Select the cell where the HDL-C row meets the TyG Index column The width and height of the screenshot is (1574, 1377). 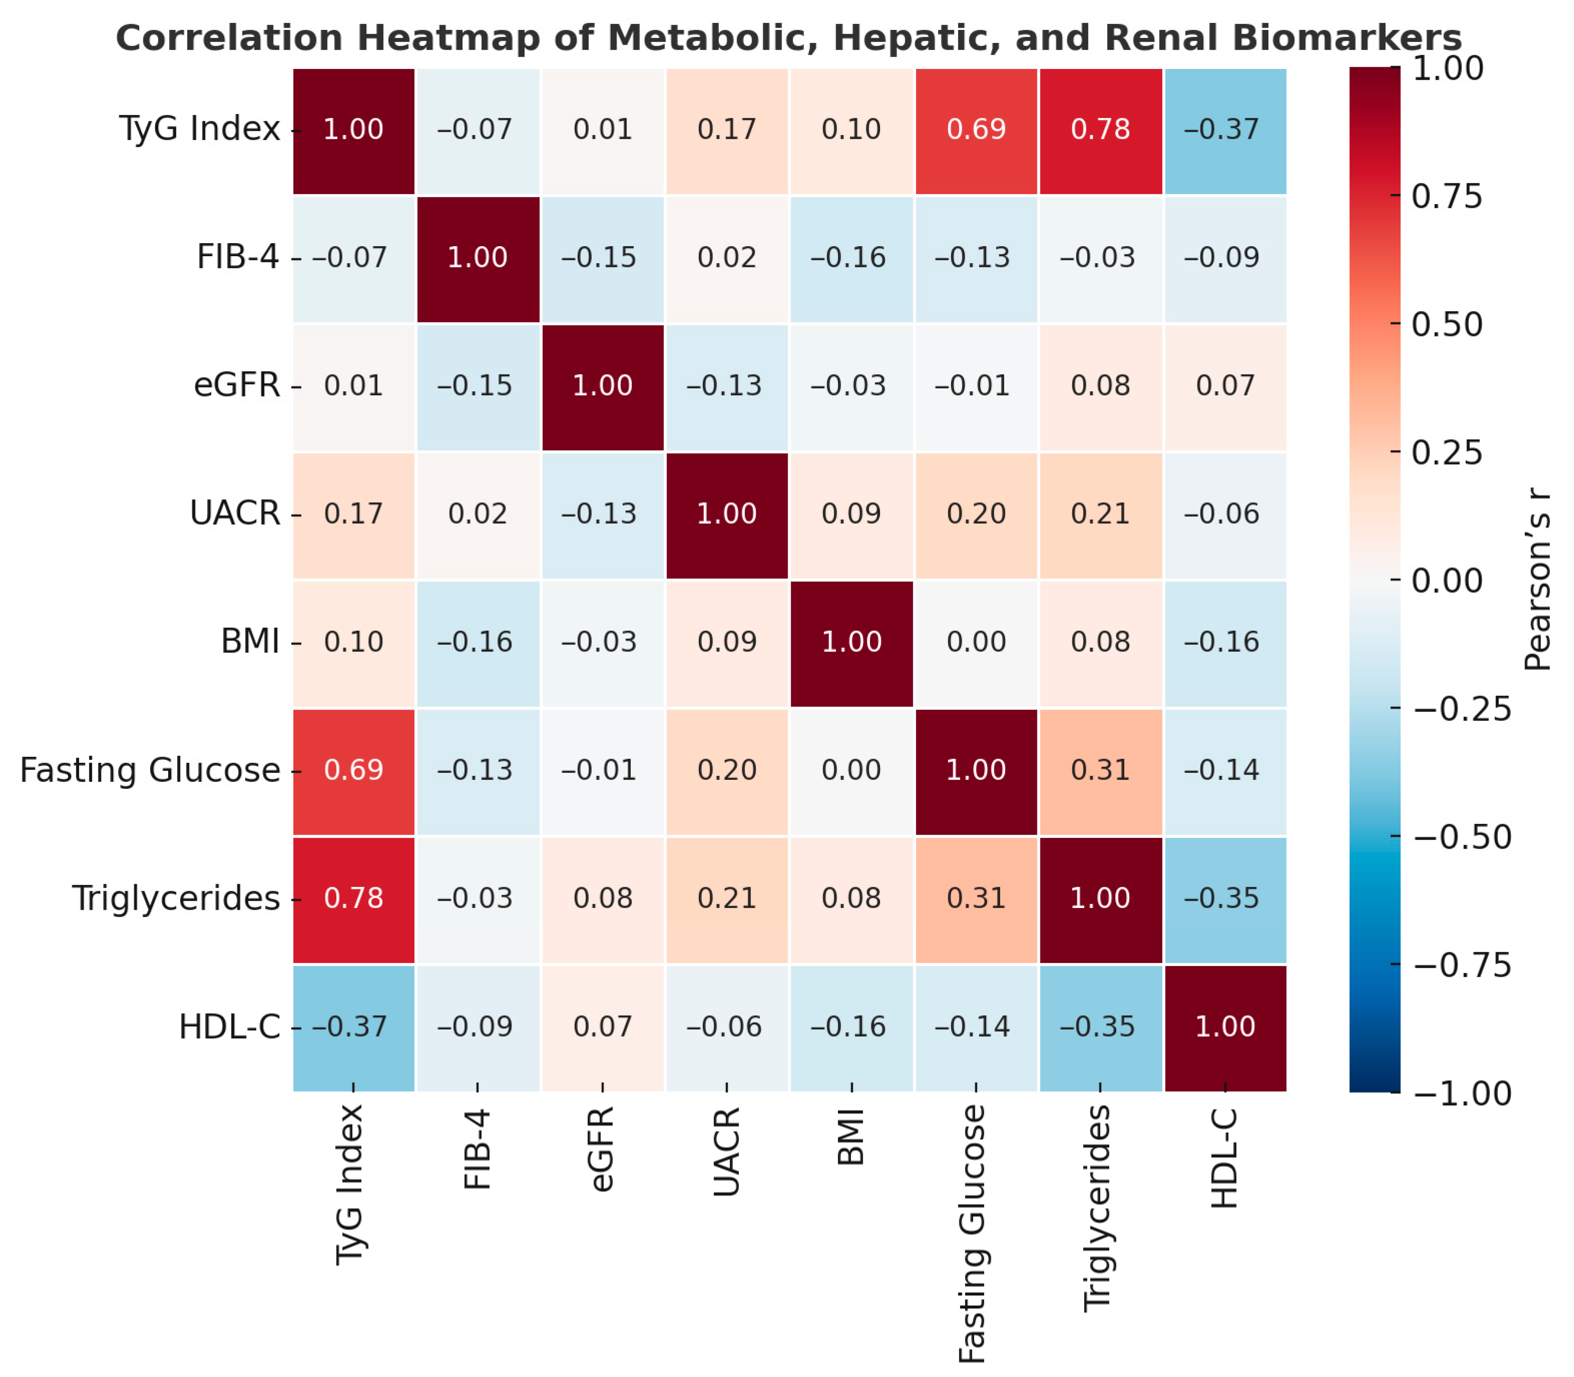(x=354, y=1027)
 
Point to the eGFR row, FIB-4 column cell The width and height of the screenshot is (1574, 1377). (x=478, y=386)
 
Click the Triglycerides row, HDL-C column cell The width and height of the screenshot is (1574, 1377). (x=1225, y=898)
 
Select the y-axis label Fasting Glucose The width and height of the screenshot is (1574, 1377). (x=150, y=770)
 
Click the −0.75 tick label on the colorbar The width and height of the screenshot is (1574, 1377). (x=1461, y=965)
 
